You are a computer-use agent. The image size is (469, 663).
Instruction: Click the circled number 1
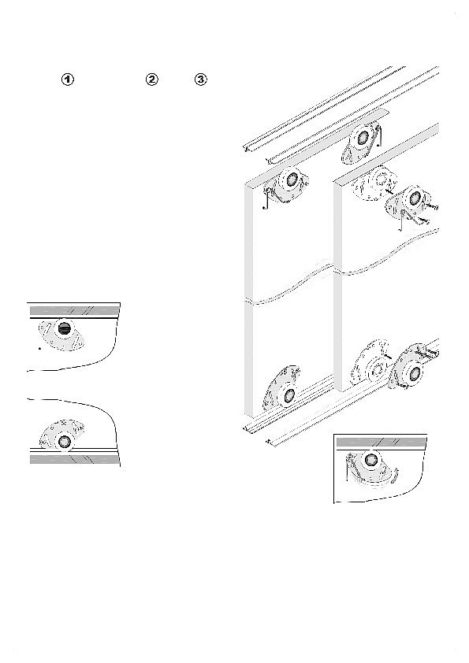(68, 80)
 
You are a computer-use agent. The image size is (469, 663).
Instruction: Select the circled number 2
(151, 80)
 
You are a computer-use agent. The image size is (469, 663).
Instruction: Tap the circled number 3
(201, 80)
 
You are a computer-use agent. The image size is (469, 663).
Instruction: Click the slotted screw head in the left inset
(65, 328)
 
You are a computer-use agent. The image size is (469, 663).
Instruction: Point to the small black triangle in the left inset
(39, 348)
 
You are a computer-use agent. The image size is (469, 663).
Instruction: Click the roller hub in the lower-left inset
(65, 442)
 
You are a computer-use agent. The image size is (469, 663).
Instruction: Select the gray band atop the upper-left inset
(75, 311)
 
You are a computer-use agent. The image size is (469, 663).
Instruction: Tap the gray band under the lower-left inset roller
(74, 459)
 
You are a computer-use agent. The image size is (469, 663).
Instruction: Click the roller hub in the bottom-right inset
(371, 459)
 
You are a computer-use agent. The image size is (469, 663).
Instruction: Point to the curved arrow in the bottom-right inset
(394, 475)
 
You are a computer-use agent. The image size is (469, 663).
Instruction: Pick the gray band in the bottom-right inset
(381, 443)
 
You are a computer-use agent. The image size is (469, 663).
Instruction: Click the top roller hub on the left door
(292, 180)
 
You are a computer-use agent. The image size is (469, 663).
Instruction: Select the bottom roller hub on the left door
(289, 396)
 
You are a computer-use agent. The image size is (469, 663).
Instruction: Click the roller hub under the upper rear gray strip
(363, 138)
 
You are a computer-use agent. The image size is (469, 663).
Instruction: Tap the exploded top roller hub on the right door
(415, 197)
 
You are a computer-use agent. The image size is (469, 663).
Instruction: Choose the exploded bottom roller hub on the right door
(415, 373)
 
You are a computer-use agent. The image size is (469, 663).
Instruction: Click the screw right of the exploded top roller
(431, 207)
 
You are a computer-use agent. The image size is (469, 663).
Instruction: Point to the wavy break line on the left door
(288, 284)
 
